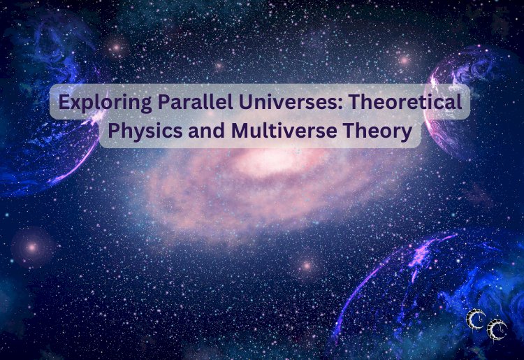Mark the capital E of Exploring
point(64,103)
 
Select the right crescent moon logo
point(497,329)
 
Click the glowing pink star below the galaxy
point(305,266)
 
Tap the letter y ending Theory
point(407,134)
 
